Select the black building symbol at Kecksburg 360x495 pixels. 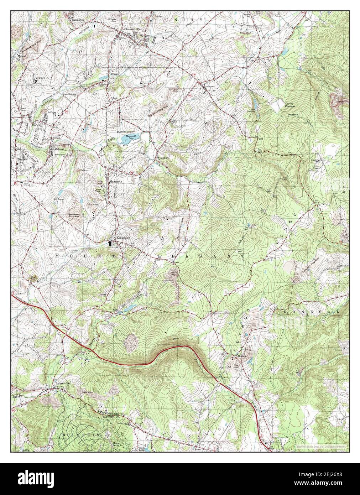point(110,243)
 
